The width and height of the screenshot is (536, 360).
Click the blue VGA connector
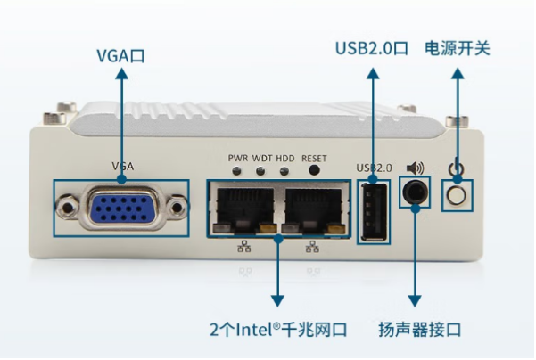coord(121,209)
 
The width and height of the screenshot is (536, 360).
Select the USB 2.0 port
coord(374,210)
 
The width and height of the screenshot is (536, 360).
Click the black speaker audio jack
coord(415,192)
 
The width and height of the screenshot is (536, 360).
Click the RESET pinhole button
coord(314,170)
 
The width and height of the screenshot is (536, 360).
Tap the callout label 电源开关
coord(458,47)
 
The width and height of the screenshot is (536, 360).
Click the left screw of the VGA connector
coord(66,209)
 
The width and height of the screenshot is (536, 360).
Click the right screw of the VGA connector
coord(177,209)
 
